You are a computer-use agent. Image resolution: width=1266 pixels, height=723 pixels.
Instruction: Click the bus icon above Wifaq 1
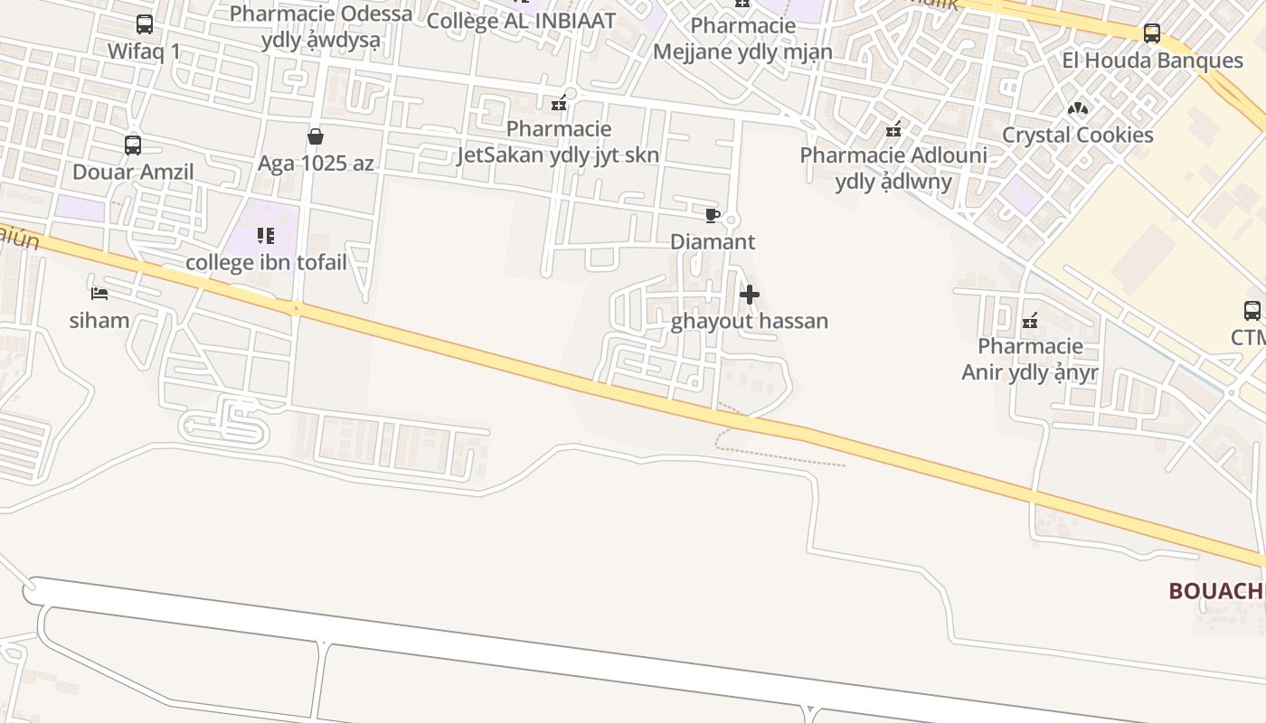145,24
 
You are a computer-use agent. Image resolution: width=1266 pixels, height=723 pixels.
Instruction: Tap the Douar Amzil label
133,172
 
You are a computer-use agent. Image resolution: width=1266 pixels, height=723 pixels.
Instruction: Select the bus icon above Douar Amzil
133,145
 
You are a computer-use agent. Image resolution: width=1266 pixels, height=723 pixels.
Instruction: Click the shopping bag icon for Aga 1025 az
316,136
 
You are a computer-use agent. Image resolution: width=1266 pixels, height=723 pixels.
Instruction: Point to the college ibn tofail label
266,263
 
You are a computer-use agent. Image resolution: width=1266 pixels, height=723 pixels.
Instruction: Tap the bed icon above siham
99,293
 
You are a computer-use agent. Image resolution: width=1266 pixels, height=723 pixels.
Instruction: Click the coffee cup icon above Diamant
713,215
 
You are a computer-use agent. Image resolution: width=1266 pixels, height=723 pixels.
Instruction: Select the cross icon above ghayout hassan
750,295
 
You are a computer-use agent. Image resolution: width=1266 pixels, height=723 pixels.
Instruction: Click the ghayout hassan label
750,322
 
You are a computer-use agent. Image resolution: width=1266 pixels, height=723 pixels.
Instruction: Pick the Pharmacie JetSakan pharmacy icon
559,103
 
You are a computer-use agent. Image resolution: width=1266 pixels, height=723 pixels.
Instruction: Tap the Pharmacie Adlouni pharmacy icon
893,129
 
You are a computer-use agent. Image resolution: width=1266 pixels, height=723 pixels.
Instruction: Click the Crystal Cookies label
1077,136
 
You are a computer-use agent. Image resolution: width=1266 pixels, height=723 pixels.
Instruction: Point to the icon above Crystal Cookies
1077,108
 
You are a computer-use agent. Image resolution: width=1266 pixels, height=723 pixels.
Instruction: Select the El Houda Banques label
1152,61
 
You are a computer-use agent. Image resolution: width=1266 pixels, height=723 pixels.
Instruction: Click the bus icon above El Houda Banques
1152,33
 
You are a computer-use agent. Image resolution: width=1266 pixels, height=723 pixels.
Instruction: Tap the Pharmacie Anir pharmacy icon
1029,320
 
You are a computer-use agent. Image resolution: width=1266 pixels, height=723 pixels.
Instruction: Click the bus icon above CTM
1252,311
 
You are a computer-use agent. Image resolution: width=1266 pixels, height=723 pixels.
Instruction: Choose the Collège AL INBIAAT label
521,21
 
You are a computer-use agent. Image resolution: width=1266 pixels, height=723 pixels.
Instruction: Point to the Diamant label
713,242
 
